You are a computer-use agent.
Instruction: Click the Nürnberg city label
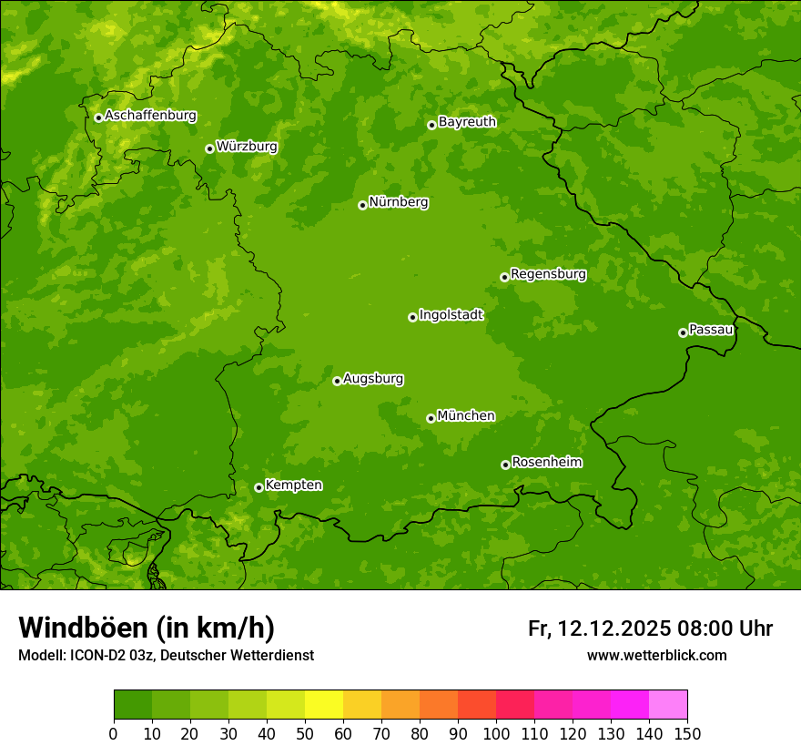point(398,202)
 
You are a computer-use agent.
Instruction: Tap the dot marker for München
point(431,418)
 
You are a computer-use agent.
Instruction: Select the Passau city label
point(711,330)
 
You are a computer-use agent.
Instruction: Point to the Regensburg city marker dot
point(504,277)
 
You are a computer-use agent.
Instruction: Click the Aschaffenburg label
point(150,116)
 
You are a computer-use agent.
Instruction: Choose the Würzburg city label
point(247,147)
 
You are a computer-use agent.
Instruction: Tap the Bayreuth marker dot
point(431,125)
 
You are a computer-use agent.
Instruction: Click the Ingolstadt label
point(451,315)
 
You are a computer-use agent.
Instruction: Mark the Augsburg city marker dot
point(337,381)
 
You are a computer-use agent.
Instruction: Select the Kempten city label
point(293,485)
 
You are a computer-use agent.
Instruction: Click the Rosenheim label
point(546,462)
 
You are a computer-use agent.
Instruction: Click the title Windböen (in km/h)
point(146,628)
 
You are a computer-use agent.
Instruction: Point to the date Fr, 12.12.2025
point(599,628)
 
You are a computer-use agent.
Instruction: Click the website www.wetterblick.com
point(656,655)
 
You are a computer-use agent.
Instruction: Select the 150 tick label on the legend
point(687,733)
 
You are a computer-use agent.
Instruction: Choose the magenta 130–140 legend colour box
point(630,704)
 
